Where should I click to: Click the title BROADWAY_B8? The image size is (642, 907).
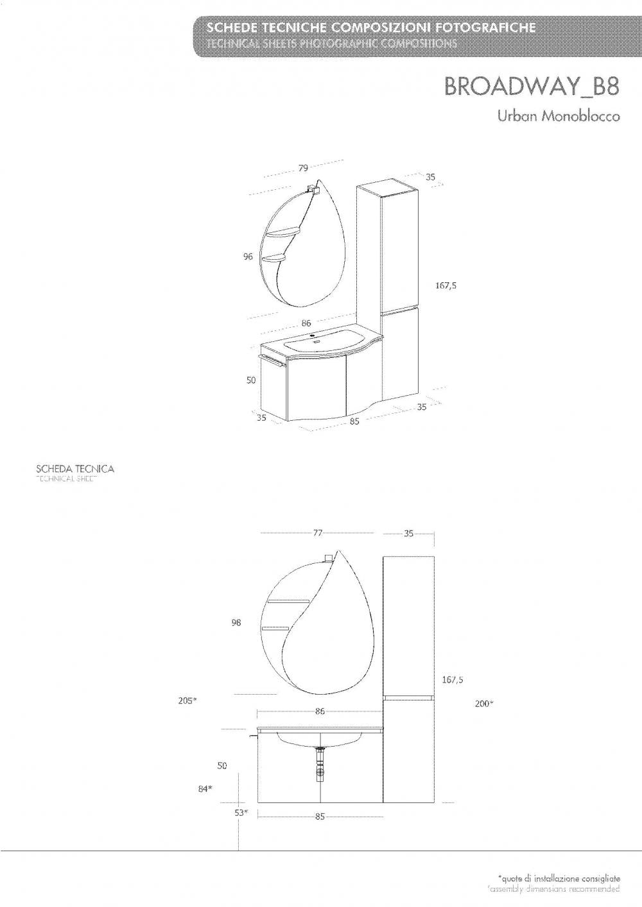point(532,87)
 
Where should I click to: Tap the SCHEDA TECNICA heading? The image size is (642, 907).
point(75,469)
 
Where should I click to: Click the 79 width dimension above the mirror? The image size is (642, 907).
point(303,168)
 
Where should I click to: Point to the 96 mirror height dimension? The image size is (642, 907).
point(248,257)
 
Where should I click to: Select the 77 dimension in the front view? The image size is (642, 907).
point(317,533)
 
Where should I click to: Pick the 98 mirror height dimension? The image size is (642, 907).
point(236,622)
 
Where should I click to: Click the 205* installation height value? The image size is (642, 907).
point(187,701)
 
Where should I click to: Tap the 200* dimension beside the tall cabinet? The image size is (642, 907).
point(483,704)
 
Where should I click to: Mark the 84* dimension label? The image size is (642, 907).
point(205,790)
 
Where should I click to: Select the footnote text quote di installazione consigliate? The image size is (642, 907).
point(559,877)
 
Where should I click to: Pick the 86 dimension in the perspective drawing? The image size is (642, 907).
point(307,324)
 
